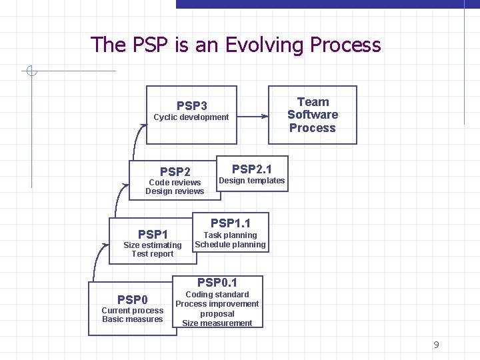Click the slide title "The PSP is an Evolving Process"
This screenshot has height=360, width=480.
[235, 45]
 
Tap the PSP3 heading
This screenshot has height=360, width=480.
[191, 106]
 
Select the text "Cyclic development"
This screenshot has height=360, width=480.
[191, 117]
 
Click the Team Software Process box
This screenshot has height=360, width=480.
[313, 115]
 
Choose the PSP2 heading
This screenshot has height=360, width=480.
[175, 172]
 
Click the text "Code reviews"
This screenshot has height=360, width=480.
[175, 183]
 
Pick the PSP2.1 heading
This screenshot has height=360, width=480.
[251, 169]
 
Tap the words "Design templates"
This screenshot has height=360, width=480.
[251, 181]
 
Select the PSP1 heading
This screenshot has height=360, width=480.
[153, 234]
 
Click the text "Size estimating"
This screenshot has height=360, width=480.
[153, 245]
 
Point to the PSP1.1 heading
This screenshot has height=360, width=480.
[230, 223]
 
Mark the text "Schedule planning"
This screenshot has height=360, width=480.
[230, 245]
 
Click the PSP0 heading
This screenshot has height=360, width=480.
[133, 299]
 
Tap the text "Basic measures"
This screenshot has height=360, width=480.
[133, 319]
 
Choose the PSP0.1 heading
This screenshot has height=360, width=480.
[217, 283]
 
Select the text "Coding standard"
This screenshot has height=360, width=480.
[217, 295]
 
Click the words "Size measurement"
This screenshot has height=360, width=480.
[217, 323]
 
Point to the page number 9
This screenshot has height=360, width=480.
[436, 345]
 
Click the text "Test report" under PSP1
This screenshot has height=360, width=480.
[153, 254]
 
